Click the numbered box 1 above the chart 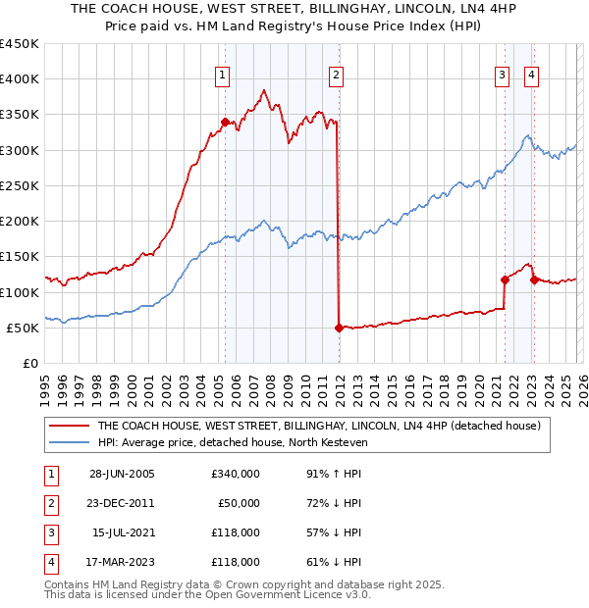[223, 74]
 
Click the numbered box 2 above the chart [336, 74]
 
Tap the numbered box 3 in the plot [503, 74]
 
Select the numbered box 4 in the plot [531, 74]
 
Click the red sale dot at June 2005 [225, 123]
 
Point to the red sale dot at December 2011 [339, 328]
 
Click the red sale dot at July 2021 [505, 279]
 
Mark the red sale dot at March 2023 [534, 279]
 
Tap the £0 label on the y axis [30, 363]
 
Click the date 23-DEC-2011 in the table [121, 503]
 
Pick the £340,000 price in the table [235, 474]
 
